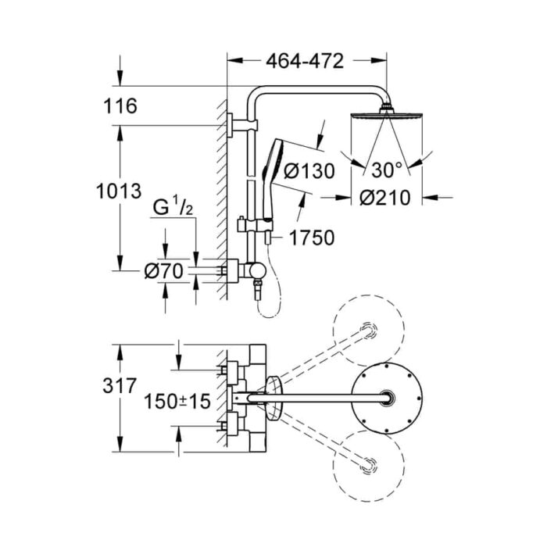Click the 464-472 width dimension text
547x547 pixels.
(305, 63)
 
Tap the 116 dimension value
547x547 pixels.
(120, 105)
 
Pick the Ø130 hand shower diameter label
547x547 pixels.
(308, 170)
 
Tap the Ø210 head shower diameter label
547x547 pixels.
(385, 198)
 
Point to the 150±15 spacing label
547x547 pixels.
(179, 402)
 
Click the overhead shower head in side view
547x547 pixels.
(384, 118)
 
